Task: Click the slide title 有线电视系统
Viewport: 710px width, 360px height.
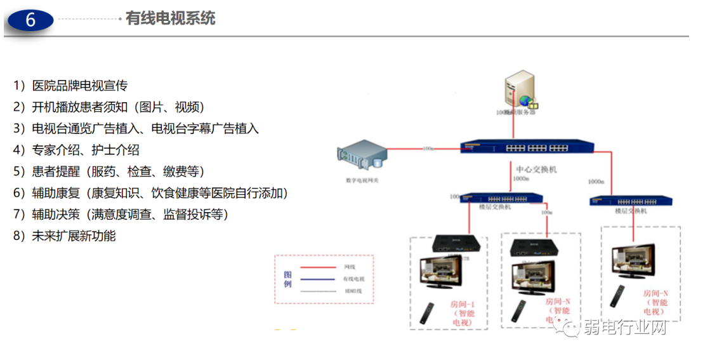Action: tap(170, 18)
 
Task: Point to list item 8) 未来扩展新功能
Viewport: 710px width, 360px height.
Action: tap(65, 236)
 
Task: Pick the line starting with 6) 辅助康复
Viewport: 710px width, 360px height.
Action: tap(150, 193)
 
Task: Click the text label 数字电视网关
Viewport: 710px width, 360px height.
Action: tap(363, 180)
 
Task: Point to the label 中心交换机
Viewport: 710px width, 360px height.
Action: tap(536, 170)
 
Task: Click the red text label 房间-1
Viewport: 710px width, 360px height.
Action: tap(462, 305)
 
